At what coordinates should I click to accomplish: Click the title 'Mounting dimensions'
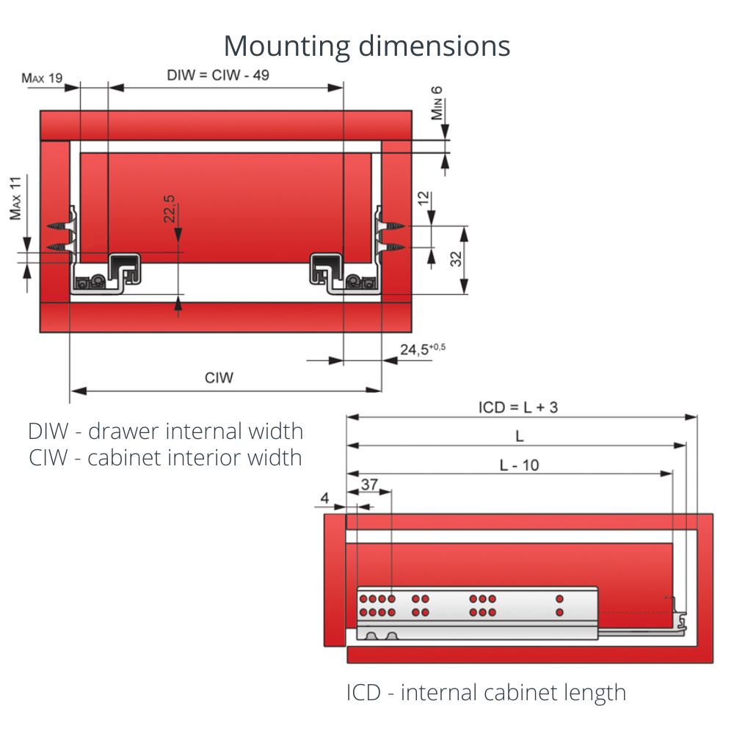point(367,46)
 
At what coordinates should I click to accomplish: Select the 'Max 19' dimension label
point(42,77)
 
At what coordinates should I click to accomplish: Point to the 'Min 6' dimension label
point(437,103)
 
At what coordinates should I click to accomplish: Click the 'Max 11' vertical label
point(15,198)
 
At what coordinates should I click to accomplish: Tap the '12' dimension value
point(422,199)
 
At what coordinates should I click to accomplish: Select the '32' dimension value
point(456,259)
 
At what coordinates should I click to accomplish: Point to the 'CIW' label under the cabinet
point(219,378)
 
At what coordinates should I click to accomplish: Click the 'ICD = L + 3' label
point(518,407)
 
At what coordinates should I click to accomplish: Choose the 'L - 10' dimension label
point(519,465)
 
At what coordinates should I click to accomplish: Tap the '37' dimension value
point(370,484)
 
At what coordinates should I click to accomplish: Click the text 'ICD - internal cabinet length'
point(486,692)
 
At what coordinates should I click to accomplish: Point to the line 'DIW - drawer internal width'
point(165,431)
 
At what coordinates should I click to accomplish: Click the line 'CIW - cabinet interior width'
point(165,457)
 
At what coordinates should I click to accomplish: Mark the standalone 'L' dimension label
point(519,436)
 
